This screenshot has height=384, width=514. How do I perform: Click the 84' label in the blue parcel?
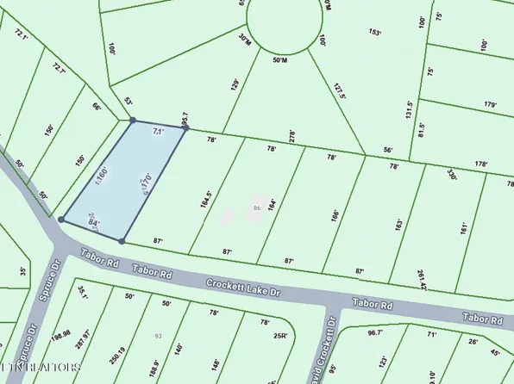95,224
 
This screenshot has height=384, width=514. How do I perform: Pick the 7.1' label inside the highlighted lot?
157,132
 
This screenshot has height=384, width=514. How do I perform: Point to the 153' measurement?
374,33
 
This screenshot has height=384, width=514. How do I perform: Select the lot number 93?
158,335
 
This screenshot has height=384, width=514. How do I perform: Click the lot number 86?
257,207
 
